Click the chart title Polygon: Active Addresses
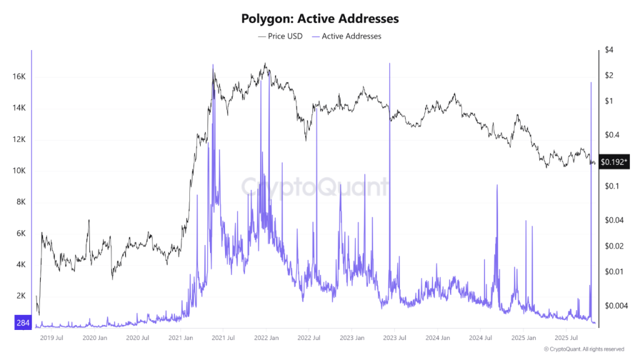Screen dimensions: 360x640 [320, 19]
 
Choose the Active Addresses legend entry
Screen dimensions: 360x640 [351, 36]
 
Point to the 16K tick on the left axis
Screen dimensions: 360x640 [18, 77]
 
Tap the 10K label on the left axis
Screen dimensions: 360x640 [18, 171]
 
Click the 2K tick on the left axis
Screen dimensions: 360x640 [20, 296]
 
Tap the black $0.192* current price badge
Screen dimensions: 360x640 [614, 161]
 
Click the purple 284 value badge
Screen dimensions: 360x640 [22, 322]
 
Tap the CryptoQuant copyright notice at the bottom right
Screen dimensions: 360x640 [584, 349]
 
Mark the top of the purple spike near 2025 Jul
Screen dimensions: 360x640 [591, 82]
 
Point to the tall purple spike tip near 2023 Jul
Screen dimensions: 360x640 [389, 63]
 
